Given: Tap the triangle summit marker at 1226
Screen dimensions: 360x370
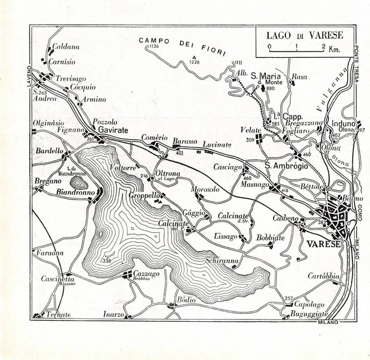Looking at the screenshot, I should (193, 57).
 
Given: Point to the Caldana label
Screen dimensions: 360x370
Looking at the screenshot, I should (66, 46).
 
